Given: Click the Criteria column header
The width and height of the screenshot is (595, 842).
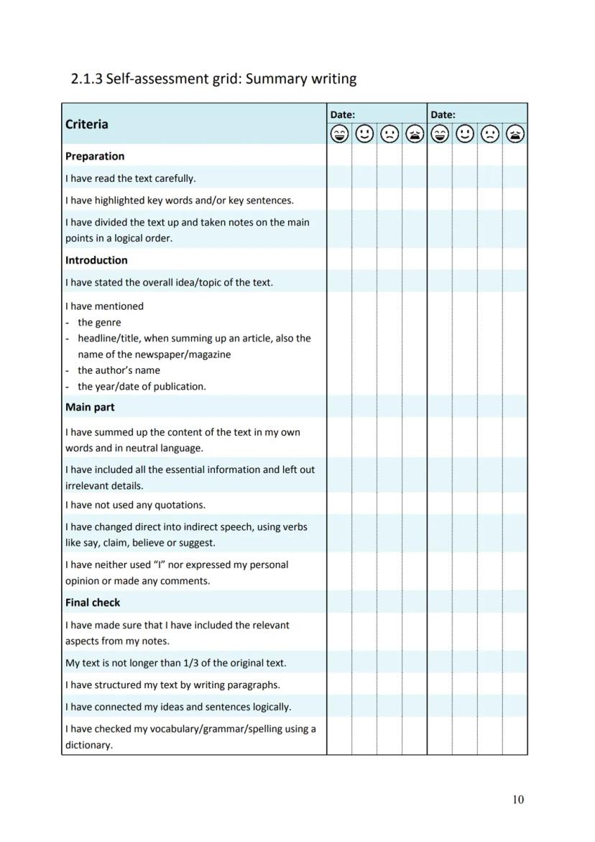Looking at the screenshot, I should (87, 124).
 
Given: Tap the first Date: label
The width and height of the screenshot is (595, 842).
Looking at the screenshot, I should (342, 114).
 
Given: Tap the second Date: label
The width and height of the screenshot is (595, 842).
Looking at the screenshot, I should (443, 114).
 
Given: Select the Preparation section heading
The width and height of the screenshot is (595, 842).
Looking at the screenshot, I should (95, 156).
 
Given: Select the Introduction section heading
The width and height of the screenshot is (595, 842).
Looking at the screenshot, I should (96, 260).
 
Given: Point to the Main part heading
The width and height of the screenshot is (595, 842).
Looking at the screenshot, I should (90, 407).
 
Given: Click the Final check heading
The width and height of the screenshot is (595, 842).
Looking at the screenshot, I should (93, 603).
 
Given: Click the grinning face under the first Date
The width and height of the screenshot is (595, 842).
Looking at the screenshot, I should (339, 134).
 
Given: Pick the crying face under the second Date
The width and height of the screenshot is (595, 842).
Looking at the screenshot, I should (515, 134).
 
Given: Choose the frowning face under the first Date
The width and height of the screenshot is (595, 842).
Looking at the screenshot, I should (389, 134).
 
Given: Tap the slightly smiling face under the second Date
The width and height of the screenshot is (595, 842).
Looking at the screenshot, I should (465, 134).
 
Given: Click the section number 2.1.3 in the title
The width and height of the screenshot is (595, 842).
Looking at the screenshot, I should (86, 78).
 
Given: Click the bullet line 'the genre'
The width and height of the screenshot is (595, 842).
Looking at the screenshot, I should (99, 322).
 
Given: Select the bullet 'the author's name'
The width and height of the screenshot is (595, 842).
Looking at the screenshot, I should (119, 370).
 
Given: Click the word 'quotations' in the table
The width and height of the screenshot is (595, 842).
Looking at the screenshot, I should (179, 505).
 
